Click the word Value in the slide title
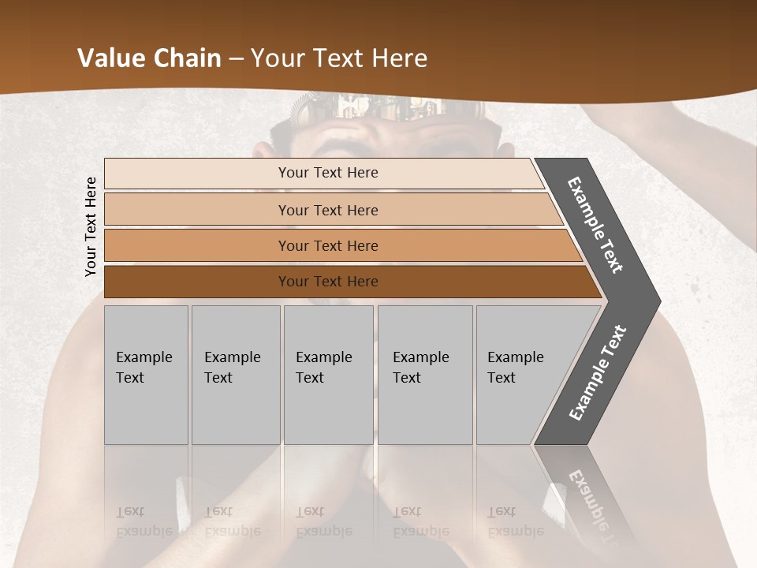pyautogui.click(x=110, y=58)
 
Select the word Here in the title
pyautogui.click(x=399, y=58)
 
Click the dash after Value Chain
pyautogui.click(x=237, y=59)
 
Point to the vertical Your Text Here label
pyautogui.click(x=91, y=226)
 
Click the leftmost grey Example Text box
pyautogui.click(x=146, y=375)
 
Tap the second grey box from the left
pyautogui.click(x=236, y=375)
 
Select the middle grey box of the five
pyautogui.click(x=328, y=375)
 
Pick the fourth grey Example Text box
pyautogui.click(x=425, y=375)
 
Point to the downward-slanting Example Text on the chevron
pyautogui.click(x=595, y=225)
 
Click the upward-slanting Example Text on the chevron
pyautogui.click(x=598, y=372)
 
